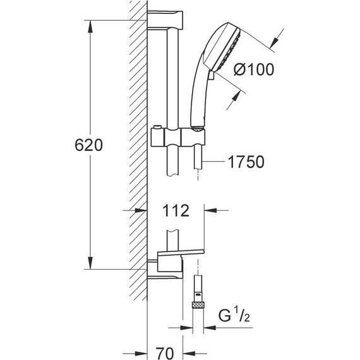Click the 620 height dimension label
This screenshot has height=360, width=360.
click(88, 145)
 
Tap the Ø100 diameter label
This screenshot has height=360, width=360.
click(254, 69)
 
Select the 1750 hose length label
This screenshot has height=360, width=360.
click(246, 162)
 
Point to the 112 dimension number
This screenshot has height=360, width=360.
click(176, 210)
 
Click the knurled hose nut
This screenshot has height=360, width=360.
click(198, 305)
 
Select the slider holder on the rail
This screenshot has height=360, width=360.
click(178, 138)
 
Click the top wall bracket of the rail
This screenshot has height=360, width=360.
click(165, 20)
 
